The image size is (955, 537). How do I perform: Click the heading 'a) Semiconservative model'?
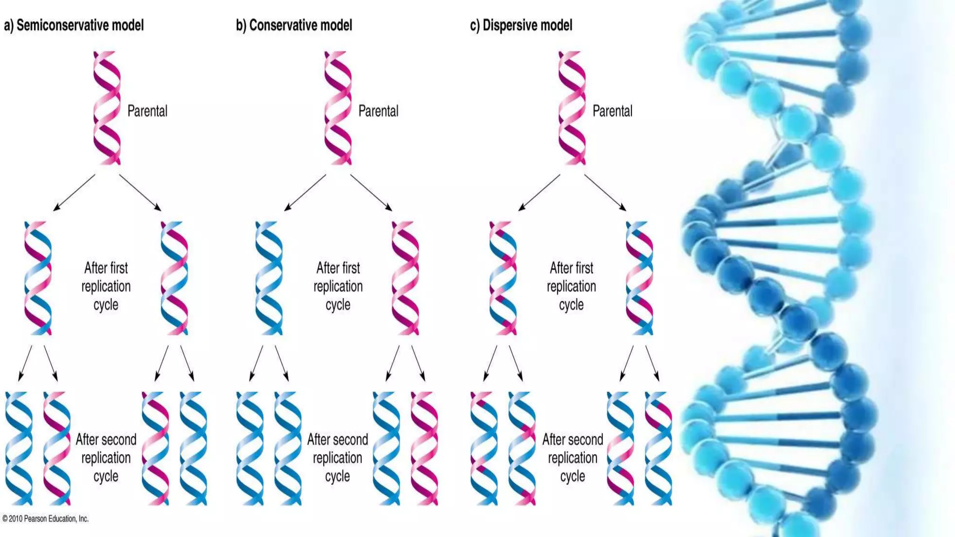click(x=74, y=25)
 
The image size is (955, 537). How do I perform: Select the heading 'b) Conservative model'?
click(x=294, y=25)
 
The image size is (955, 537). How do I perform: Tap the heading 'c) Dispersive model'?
click(x=521, y=25)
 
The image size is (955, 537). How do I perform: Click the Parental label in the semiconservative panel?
click(x=147, y=111)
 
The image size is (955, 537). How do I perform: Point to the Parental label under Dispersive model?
click(x=612, y=111)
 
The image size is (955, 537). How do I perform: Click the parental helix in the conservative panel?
click(x=338, y=108)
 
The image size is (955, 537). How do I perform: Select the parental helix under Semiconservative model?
click(x=107, y=108)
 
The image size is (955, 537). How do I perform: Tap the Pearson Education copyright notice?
click(x=45, y=519)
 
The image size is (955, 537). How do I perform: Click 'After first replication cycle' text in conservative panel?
click(x=338, y=286)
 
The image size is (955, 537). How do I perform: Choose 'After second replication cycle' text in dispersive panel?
click(x=573, y=458)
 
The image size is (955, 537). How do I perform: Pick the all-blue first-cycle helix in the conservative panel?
click(x=269, y=278)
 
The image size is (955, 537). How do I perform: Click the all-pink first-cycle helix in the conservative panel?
click(x=405, y=278)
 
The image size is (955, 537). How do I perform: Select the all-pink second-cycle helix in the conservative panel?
click(x=424, y=448)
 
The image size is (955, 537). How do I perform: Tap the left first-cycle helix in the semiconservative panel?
click(x=38, y=278)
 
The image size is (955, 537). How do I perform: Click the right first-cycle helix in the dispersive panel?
click(x=639, y=278)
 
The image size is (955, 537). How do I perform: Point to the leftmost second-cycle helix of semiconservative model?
click(x=19, y=448)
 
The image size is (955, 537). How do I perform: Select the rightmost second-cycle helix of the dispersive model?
click(x=658, y=448)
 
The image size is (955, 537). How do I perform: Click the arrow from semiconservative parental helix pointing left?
click(x=75, y=193)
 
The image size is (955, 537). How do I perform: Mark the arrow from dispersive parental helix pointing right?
click(x=605, y=193)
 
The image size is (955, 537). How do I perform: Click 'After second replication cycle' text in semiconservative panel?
click(x=106, y=458)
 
